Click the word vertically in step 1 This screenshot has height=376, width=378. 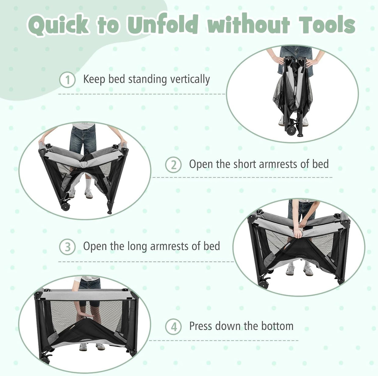click(190, 80)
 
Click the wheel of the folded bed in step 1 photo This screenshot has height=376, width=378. click(291, 130)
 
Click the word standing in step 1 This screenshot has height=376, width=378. click(148, 80)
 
